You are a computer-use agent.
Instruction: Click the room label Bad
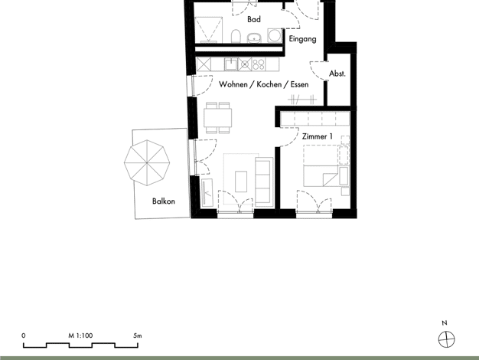pyautogui.click(x=254, y=19)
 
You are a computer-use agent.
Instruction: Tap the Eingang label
pyautogui.click(x=302, y=39)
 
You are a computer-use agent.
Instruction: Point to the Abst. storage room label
pyautogui.click(x=337, y=74)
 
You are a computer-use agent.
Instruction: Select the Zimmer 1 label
pyautogui.click(x=318, y=136)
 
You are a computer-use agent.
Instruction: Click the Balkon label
pyautogui.click(x=164, y=201)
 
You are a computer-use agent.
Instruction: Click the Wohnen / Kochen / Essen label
pyautogui.click(x=264, y=84)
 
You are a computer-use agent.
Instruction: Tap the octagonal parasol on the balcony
pyautogui.click(x=147, y=163)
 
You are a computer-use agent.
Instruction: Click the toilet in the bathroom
pyautogui.click(x=236, y=37)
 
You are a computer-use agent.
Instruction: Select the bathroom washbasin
pyautogui.click(x=254, y=38)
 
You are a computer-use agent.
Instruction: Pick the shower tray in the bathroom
pyautogui.click(x=209, y=30)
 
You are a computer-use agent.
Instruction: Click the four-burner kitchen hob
pyautogui.click(x=259, y=64)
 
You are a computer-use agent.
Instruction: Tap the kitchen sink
pyautogui.click(x=231, y=64)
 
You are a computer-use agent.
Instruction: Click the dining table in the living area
pyautogui.click(x=218, y=118)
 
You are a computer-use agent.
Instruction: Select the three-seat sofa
pyautogui.click(x=264, y=182)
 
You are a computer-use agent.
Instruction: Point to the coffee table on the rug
pyautogui.click(x=241, y=182)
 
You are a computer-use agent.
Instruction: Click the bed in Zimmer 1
pyautogui.click(x=321, y=165)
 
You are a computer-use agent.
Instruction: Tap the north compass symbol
pyautogui.click(x=447, y=339)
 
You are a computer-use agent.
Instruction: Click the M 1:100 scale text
pyautogui.click(x=80, y=335)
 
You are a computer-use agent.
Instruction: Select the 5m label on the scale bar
pyautogui.click(x=138, y=335)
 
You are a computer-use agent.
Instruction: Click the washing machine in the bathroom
pyautogui.click(x=275, y=36)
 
